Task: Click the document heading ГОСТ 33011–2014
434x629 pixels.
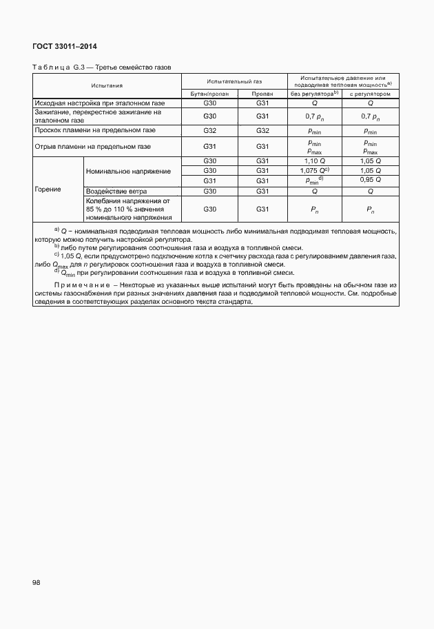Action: click(64, 47)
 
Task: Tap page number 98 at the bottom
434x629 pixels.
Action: click(36, 582)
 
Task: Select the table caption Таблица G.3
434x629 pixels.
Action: click(57, 67)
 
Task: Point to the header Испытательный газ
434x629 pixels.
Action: click(234, 81)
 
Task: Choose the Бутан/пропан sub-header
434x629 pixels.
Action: click(209, 94)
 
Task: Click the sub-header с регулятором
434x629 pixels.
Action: click(370, 94)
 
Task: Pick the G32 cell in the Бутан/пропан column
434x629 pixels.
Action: click(209, 130)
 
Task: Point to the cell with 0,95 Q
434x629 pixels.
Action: click(371, 180)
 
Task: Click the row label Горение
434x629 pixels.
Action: click(48, 189)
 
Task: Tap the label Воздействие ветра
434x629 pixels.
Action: click(117, 190)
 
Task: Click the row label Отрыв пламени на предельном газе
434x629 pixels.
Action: click(92, 146)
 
